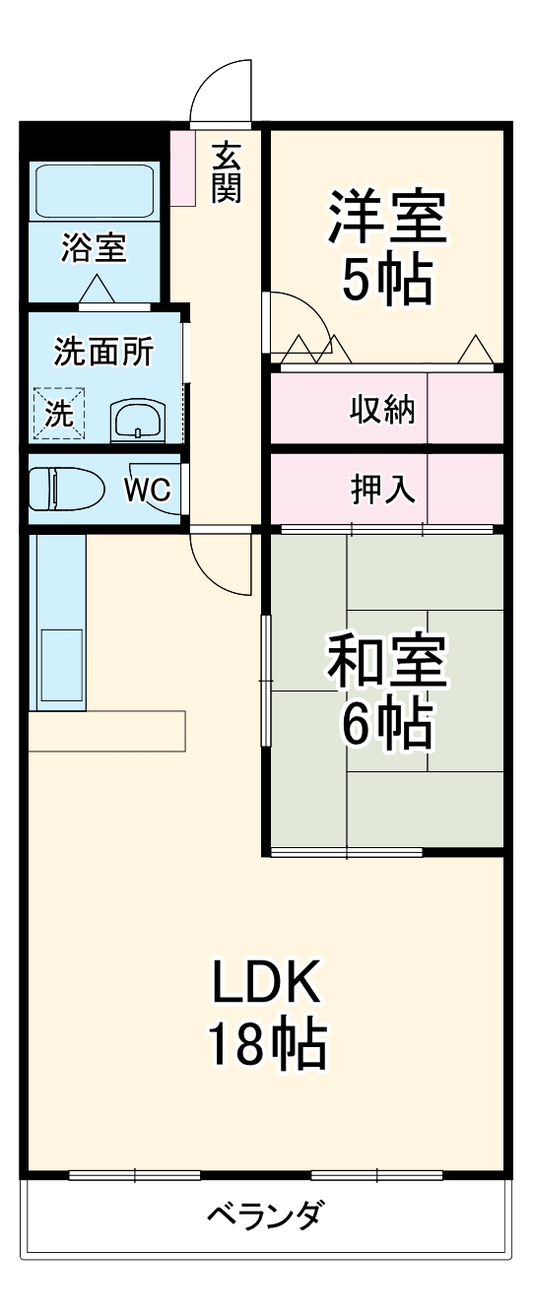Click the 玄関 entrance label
(226, 173)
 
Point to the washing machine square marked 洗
(60, 413)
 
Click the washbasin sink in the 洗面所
(137, 422)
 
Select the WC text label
(147, 490)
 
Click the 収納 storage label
(382, 408)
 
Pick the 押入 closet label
(382, 489)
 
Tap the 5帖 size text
(386, 282)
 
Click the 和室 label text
(386, 664)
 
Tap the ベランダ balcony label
(264, 1215)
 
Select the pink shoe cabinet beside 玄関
(183, 166)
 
